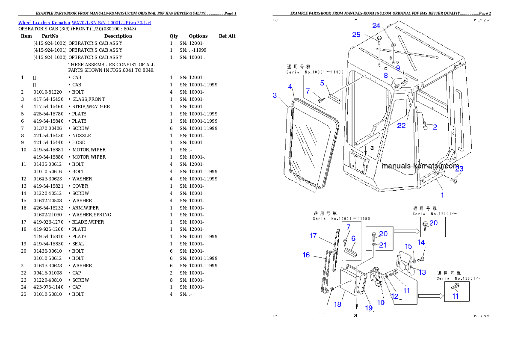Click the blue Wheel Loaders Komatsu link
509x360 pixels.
(84, 23)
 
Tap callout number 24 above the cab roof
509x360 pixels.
(376, 26)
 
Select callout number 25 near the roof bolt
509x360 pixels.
(356, 35)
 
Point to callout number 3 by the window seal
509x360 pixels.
(275, 95)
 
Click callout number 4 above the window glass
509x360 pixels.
(290, 87)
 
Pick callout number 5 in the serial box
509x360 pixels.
(322, 83)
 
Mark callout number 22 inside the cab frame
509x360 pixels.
(401, 126)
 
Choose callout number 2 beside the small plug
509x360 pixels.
(435, 127)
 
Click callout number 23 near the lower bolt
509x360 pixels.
(459, 169)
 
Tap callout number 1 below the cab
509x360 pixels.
(442, 195)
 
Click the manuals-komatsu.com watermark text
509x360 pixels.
(420, 166)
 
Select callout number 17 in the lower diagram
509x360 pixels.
(313, 236)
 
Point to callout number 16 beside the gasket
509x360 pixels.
(306, 255)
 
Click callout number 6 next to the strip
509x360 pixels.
(353, 238)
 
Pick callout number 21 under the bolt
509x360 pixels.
(383, 245)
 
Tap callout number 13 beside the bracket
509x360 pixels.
(422, 272)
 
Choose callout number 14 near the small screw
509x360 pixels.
(421, 242)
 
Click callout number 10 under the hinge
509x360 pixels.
(381, 303)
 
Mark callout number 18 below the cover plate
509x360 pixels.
(338, 304)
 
